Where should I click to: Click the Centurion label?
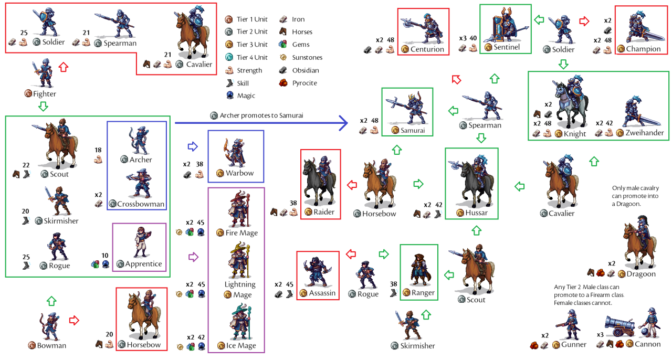pyautogui.click(x=427, y=49)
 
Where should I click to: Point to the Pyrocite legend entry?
pyautogui.click(x=304, y=83)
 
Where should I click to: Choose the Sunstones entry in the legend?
pyautogui.click(x=307, y=57)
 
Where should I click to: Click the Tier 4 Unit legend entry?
pyautogui.click(x=252, y=57)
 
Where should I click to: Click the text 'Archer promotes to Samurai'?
pyautogui.click(x=261, y=115)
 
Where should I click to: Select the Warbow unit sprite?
pyautogui.click(x=236, y=152)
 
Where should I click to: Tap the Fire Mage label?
pyautogui.click(x=241, y=232)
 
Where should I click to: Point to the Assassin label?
pyautogui.click(x=322, y=293)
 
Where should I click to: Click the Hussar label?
pyautogui.click(x=476, y=213)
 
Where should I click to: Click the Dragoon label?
pyautogui.click(x=640, y=273)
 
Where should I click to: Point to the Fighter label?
pyautogui.click(x=44, y=94)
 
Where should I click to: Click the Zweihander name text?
pyautogui.click(x=644, y=133)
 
